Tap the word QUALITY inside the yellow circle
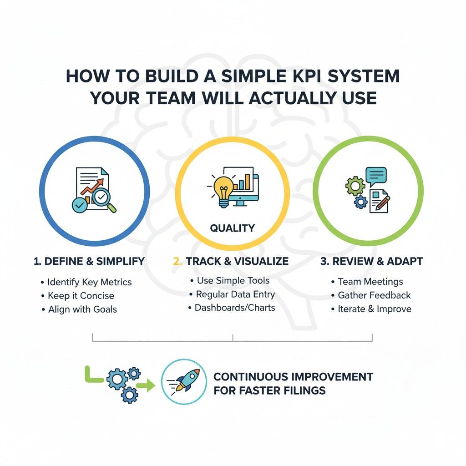233,228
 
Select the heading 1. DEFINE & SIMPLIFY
89,261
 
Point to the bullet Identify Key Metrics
89,282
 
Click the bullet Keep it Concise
81,296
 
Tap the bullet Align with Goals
82,309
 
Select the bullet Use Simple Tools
233,281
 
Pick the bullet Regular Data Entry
235,294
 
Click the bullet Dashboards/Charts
235,308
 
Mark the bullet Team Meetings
370,282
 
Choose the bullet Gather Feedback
374,295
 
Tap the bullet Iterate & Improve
375,309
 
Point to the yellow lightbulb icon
223,188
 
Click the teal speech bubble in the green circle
375,176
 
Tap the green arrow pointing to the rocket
147,386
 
